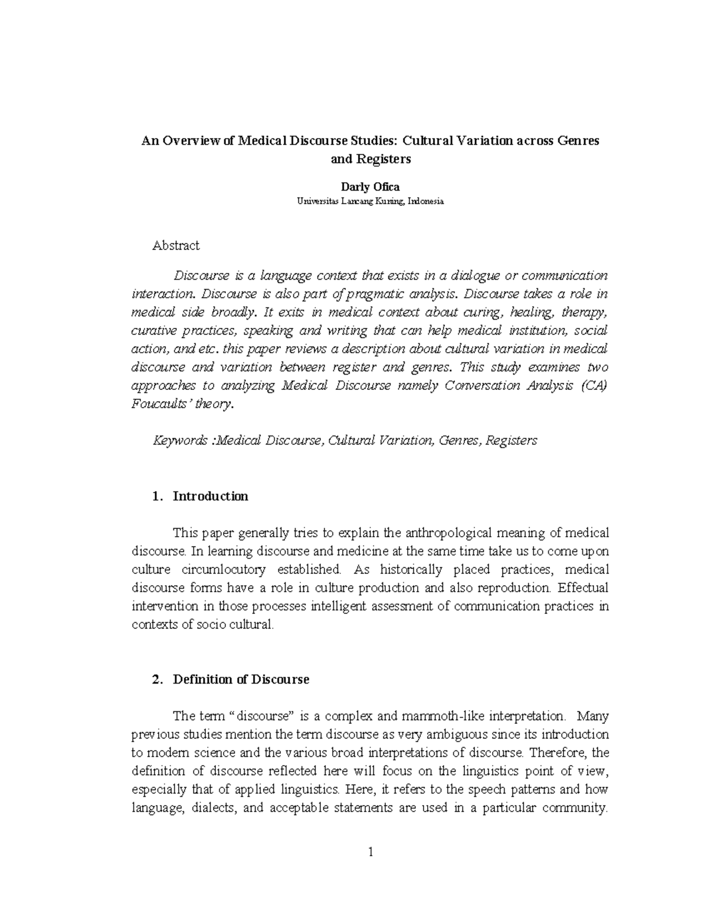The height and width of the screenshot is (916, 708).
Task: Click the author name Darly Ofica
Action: tap(375, 187)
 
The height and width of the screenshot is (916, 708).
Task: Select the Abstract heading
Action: tap(176, 245)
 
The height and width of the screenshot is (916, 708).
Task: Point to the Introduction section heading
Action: tap(210, 496)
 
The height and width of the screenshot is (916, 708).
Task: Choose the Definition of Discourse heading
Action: tap(241, 679)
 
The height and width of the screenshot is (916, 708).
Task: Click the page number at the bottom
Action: tap(370, 852)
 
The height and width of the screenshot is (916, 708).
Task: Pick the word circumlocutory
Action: tap(225, 570)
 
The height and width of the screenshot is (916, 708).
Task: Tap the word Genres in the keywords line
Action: tap(460, 441)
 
